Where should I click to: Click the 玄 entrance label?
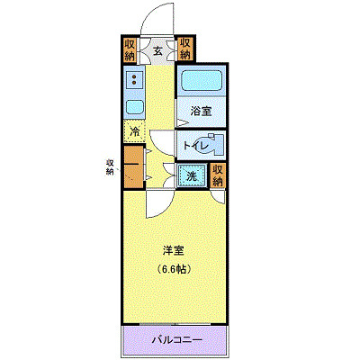157,50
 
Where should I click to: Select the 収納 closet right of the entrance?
184,48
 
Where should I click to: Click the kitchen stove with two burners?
134,82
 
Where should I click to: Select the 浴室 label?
201,112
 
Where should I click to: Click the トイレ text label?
196,145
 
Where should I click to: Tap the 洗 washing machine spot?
192,176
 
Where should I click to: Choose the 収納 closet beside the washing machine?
219,175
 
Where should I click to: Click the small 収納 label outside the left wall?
109,166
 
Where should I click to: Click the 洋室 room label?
174,249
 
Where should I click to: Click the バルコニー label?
176,340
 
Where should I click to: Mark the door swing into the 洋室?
155,203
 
